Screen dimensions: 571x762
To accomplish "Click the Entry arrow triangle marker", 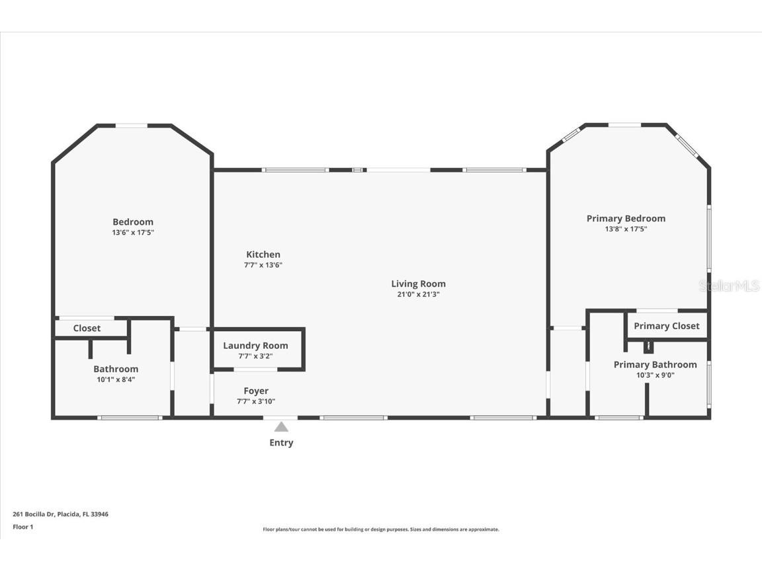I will tap(281, 427).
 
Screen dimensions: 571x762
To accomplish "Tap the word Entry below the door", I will tap(281, 443).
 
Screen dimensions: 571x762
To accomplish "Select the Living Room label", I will tap(418, 284).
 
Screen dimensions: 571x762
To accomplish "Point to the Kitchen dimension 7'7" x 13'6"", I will tap(263, 265).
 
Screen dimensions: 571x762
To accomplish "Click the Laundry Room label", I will tap(255, 346).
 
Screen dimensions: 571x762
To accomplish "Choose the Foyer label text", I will tap(256, 391).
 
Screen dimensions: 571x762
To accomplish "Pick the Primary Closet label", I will tap(666, 326).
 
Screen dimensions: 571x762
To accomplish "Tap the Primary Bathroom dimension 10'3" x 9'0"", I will tap(656, 375).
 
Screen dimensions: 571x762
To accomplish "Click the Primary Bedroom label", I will tap(626, 219).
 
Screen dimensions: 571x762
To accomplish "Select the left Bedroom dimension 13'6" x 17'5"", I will tap(133, 233).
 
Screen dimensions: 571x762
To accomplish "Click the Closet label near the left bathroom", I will tap(87, 328).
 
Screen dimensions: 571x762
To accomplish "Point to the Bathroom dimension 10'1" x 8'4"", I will tap(116, 379).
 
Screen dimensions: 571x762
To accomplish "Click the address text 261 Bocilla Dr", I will tap(60, 514).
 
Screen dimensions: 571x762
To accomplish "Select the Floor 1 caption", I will tap(22, 527).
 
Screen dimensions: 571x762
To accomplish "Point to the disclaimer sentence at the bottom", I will tap(380, 529).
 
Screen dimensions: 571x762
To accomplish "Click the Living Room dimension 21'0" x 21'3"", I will tap(418, 295).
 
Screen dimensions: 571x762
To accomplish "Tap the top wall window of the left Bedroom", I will tap(132, 125).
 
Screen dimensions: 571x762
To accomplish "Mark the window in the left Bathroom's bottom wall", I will tap(130, 418).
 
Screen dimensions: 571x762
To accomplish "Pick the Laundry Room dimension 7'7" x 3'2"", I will tap(255, 356).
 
